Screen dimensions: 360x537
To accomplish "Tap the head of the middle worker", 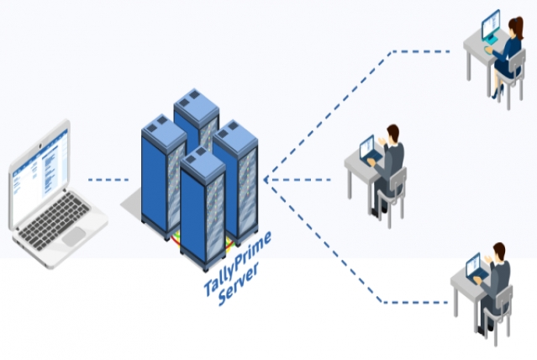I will coord(392,132).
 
